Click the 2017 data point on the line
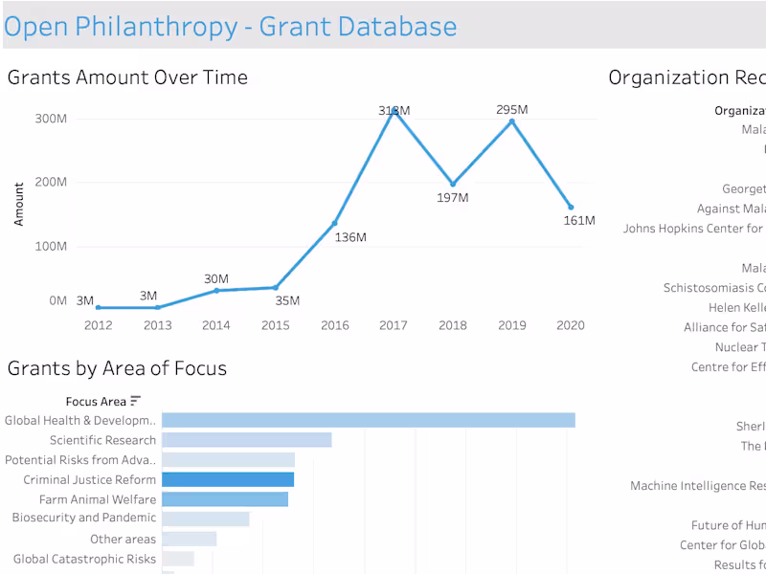click(394, 112)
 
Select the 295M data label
click(512, 110)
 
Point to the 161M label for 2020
click(578, 221)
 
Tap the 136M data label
click(350, 237)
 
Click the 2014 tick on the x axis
click(216, 325)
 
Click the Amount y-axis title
click(19, 204)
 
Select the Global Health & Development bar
click(368, 421)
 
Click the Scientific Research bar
click(246, 440)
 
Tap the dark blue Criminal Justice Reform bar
click(228, 479)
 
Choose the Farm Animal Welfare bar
click(225, 499)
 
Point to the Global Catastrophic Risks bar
click(178, 559)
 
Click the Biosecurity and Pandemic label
click(83, 519)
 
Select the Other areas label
click(123, 540)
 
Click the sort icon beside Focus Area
click(136, 401)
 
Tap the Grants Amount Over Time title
click(127, 77)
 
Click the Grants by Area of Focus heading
click(117, 368)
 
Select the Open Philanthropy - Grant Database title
click(230, 26)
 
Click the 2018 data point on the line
click(453, 184)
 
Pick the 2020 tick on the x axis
click(571, 325)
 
